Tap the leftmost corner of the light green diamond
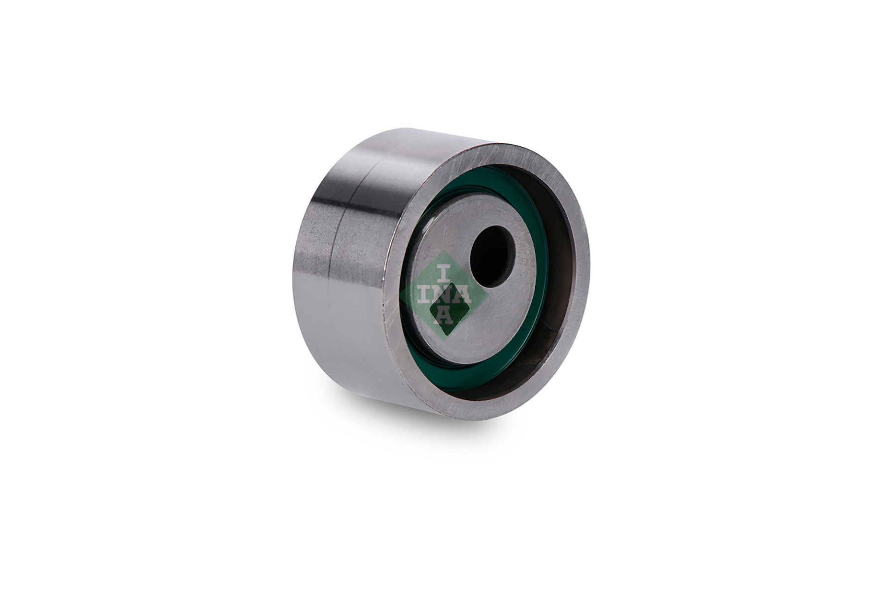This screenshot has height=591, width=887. (x=399, y=295)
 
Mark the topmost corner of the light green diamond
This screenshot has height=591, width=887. (x=444, y=251)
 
